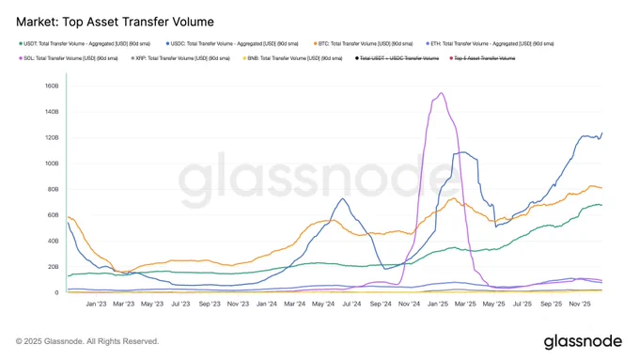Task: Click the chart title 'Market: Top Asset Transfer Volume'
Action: coord(115,21)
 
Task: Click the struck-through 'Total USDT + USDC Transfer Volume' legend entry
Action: coord(399,58)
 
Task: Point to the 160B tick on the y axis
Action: coord(53,86)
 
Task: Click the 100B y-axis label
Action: coord(53,163)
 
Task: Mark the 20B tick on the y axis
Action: coord(54,266)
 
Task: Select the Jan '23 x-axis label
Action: coord(96,305)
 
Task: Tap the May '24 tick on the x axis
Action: coord(323,305)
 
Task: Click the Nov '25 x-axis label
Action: coord(579,305)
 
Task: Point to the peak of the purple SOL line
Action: coord(442,93)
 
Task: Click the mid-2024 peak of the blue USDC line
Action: coord(343,198)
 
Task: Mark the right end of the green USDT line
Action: coord(602,205)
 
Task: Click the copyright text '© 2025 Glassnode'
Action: coord(87,341)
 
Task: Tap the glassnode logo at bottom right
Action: coord(579,340)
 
